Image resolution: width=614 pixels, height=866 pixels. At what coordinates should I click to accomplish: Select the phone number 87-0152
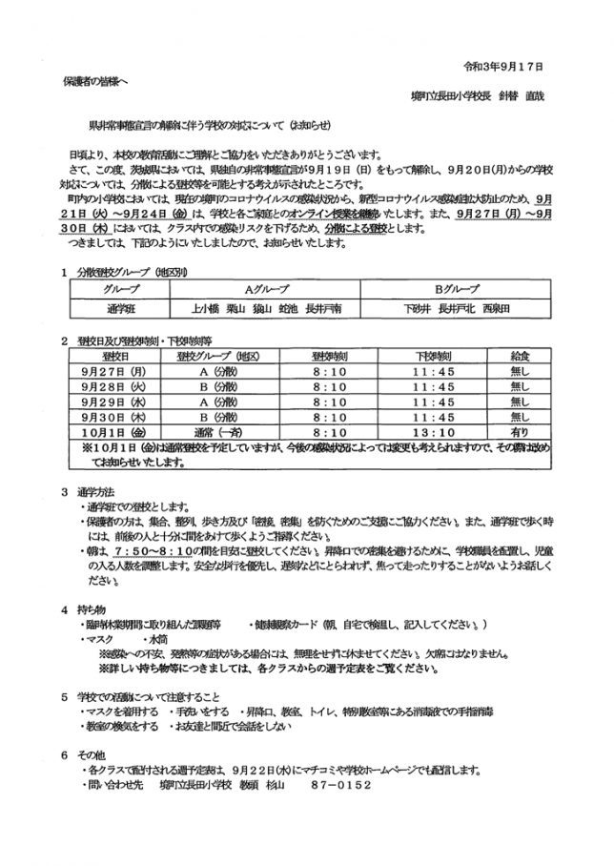point(338,784)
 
